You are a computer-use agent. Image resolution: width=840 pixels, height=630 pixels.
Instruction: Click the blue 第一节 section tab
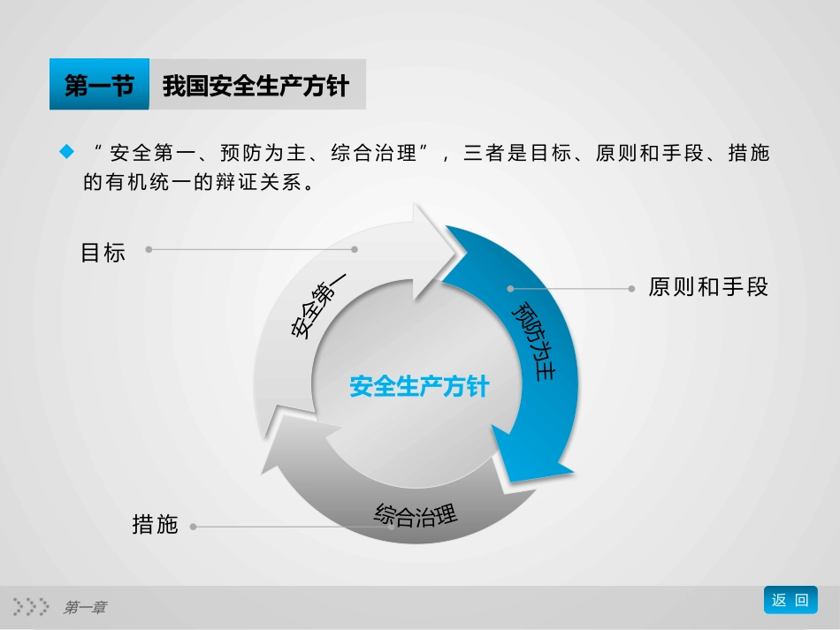click(99, 86)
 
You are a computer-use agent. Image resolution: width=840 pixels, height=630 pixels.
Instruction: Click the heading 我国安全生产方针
click(256, 86)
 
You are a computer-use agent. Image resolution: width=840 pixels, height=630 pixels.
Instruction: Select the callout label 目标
click(103, 253)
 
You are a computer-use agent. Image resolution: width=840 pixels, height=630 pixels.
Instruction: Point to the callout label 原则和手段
click(708, 287)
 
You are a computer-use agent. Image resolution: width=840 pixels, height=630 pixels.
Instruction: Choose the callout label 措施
click(155, 525)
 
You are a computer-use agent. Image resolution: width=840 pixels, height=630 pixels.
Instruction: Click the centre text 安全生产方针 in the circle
click(418, 387)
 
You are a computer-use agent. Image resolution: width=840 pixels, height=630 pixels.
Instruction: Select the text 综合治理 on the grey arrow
click(416, 514)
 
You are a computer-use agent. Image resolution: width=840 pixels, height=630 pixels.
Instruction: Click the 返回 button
click(790, 600)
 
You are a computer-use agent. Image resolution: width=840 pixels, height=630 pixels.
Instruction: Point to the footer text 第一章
click(85, 607)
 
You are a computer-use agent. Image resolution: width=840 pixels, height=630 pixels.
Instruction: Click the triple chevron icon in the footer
click(31, 606)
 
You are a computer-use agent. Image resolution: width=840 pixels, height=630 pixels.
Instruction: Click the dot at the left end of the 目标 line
click(149, 249)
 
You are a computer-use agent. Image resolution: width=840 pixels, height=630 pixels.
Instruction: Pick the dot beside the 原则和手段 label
click(630, 288)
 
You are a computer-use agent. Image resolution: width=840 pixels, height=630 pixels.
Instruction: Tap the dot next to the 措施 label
click(193, 527)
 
